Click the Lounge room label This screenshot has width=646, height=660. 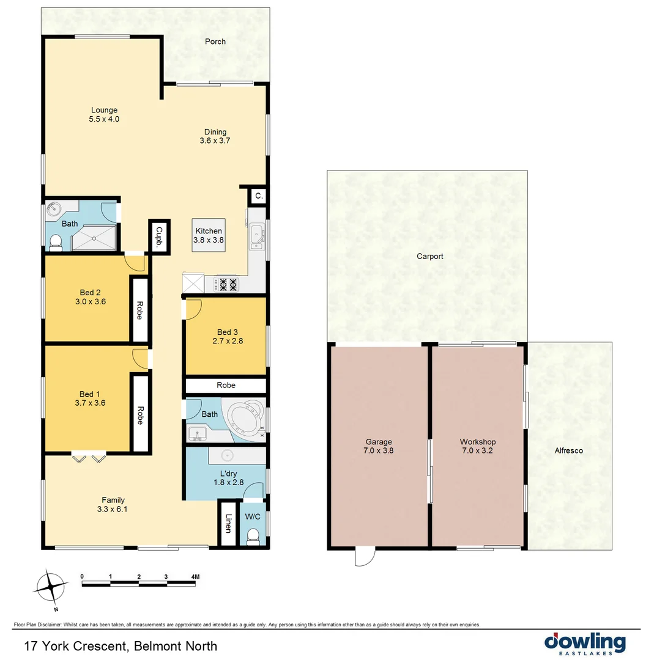click(103, 111)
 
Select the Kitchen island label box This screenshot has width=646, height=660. click(209, 235)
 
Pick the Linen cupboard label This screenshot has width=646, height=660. click(228, 524)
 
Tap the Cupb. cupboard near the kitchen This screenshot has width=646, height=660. click(159, 235)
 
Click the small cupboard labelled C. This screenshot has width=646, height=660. click(259, 196)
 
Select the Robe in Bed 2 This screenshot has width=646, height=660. click(139, 309)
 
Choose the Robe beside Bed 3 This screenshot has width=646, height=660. click(226, 386)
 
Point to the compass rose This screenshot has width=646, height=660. click(51, 588)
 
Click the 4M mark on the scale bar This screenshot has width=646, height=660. click(195, 576)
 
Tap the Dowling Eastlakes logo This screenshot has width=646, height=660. click(585, 644)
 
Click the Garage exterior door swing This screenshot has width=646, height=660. click(364, 556)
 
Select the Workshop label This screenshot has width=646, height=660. click(478, 442)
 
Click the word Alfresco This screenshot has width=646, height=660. click(569, 451)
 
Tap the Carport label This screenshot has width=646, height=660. click(429, 257)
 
